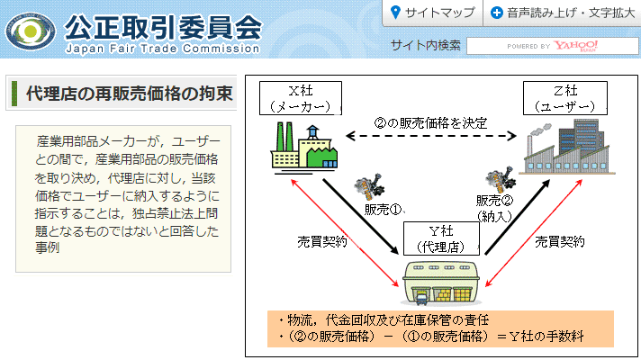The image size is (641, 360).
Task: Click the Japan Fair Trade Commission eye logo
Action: (x=31, y=31)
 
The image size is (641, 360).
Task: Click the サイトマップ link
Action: (x=432, y=13)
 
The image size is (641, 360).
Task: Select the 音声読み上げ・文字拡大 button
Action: (x=563, y=13)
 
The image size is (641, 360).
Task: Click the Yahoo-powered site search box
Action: (x=552, y=46)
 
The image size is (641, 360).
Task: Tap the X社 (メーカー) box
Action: (x=301, y=98)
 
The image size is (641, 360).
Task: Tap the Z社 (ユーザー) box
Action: (x=565, y=98)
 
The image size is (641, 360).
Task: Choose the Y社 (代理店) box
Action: (x=441, y=238)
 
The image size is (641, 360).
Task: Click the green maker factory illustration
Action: (x=304, y=148)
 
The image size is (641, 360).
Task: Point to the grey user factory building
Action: (x=567, y=147)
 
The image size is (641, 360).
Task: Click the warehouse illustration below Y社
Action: (x=441, y=283)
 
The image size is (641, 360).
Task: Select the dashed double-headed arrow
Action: (x=431, y=136)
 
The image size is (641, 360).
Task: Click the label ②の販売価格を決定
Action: (x=431, y=123)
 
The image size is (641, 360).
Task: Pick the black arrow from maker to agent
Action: (x=360, y=216)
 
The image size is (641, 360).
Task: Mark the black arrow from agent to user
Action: (x=517, y=217)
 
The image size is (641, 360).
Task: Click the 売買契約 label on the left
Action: (x=322, y=242)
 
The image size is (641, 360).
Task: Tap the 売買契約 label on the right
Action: (x=560, y=242)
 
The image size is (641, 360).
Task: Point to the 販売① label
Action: (x=384, y=210)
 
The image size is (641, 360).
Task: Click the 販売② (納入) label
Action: (x=494, y=208)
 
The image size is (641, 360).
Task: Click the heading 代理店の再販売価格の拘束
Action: (x=129, y=94)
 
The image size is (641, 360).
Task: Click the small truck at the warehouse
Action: (x=421, y=299)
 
